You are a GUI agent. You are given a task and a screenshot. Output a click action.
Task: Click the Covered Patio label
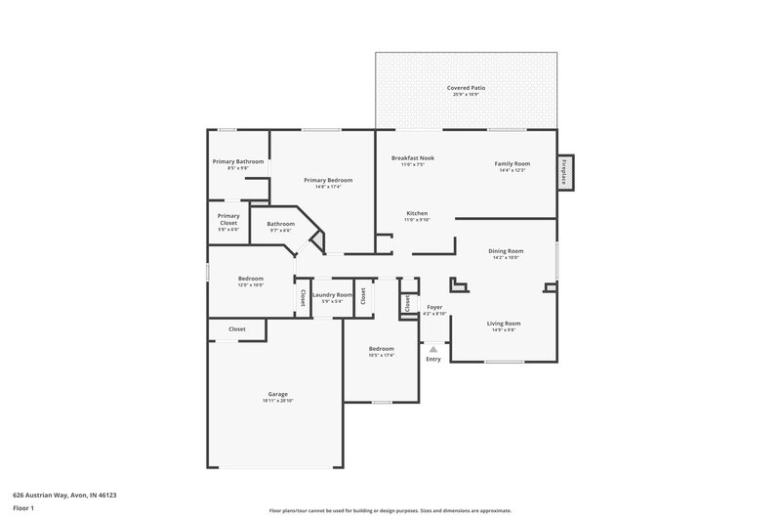pos(466,87)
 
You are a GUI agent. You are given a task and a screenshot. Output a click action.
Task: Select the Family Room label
pos(512,163)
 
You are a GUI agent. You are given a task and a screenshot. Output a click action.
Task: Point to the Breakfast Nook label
pos(413,157)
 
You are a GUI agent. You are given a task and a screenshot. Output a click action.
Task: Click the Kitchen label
pos(417,213)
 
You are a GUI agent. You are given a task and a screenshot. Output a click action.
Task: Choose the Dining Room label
pos(506,251)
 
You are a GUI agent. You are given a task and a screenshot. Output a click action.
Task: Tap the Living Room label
pos(504,323)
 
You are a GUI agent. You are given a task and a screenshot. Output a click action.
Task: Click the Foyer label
pos(435,307)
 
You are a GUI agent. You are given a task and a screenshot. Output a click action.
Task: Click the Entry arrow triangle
pos(433,347)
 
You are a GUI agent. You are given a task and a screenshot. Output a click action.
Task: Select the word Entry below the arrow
pos(433,359)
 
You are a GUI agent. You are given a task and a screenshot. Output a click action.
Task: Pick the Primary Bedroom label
pos(328,180)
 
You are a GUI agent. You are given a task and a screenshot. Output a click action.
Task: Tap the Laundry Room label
pos(332,294)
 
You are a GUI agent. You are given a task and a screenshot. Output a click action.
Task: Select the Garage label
pos(278,394)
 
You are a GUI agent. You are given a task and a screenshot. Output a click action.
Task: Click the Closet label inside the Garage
pos(237,329)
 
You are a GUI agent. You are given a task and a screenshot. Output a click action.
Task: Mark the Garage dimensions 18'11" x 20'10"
pos(278,401)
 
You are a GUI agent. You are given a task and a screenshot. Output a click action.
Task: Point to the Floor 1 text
pos(23,509)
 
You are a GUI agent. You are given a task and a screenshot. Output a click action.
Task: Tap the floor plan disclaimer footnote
pos(390,510)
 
